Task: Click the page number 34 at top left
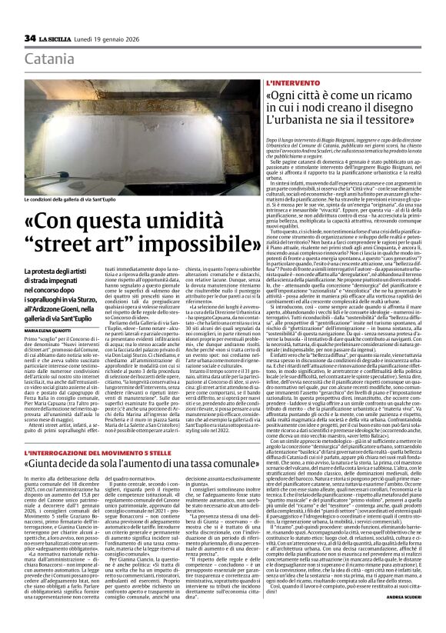(30, 38)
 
